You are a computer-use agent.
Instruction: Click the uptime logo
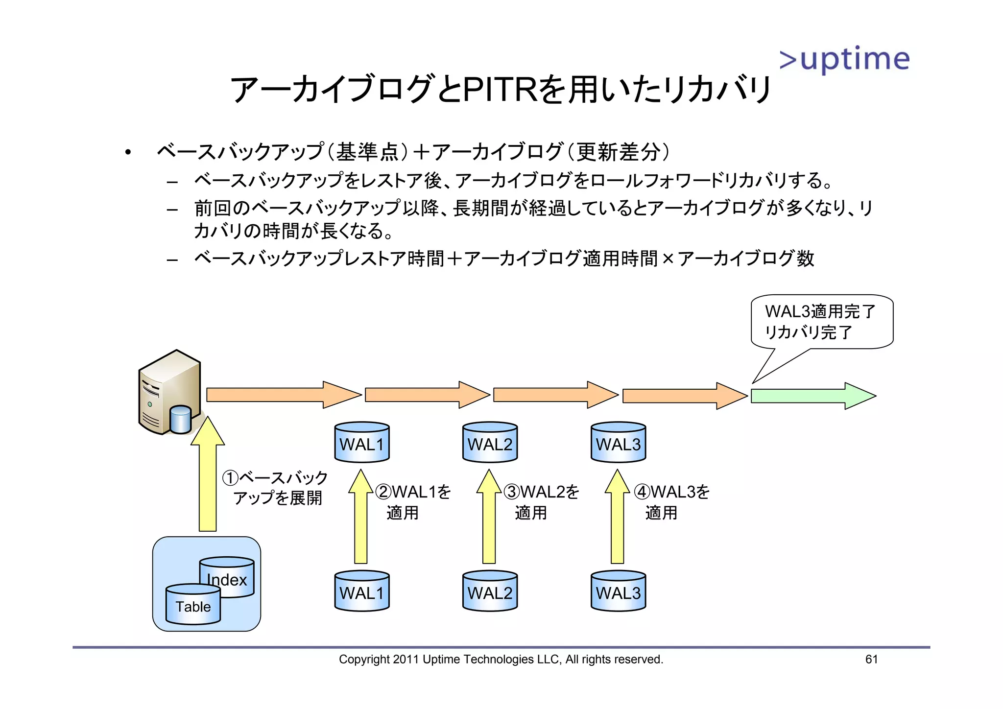click(844, 60)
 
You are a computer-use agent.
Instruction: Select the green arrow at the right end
click(813, 396)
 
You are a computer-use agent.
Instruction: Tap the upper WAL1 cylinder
click(362, 442)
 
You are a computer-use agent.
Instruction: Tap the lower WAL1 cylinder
click(362, 591)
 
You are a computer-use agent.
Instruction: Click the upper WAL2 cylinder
click(490, 442)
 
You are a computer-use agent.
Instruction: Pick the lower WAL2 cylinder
click(490, 591)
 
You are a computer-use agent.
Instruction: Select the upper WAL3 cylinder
click(618, 442)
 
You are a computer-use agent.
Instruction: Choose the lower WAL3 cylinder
click(618, 591)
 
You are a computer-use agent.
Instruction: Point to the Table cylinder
click(193, 605)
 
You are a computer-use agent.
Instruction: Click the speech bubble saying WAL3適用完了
click(822, 322)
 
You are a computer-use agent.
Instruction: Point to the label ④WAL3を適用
click(671, 502)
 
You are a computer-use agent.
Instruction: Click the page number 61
click(871, 659)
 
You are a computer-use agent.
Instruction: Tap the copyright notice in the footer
click(501, 659)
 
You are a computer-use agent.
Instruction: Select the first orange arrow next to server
click(283, 395)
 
